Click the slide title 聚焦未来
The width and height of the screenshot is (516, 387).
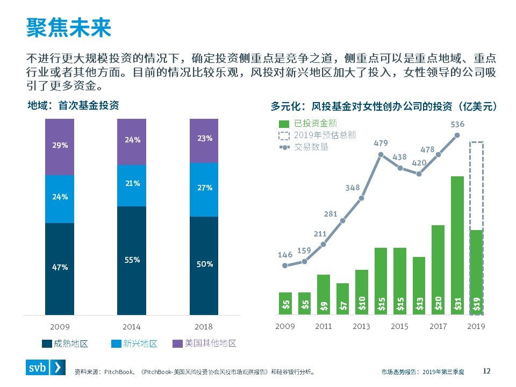point(69,27)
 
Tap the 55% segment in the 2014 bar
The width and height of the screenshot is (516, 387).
point(132,261)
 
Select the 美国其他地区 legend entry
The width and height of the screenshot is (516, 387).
point(204,343)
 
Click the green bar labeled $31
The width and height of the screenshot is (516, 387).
point(457,245)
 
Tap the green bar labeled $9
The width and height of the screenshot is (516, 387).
point(324,295)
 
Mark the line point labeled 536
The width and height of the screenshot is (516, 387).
point(457,135)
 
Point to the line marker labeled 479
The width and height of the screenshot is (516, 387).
point(381,154)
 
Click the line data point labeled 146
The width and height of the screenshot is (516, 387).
point(285,265)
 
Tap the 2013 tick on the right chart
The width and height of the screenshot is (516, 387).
point(361,326)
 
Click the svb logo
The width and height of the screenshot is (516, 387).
point(47,368)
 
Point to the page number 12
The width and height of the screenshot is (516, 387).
point(487,370)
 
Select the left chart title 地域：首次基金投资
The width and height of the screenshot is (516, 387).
point(73,106)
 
